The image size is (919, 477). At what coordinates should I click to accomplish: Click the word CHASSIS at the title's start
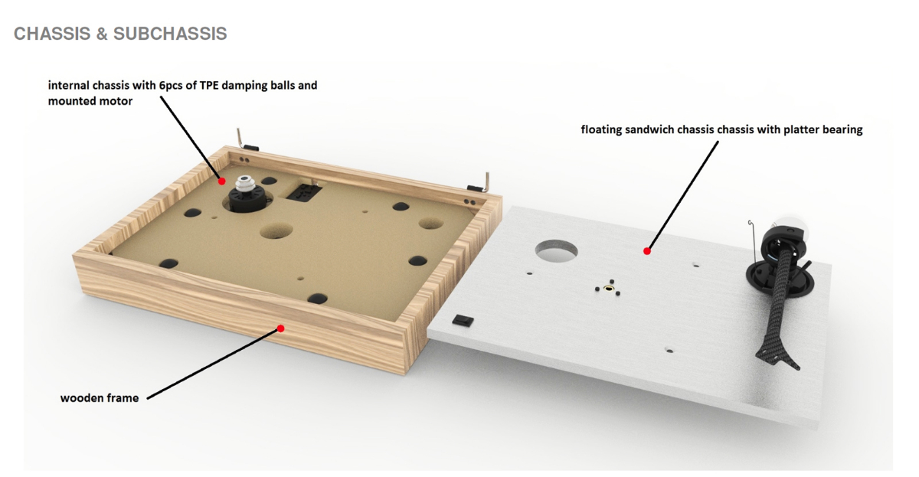tap(51, 34)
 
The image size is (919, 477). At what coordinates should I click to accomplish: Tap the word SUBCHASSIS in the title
tap(169, 34)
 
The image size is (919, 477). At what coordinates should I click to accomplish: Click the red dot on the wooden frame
tap(280, 328)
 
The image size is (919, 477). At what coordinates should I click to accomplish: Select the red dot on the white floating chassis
tap(647, 250)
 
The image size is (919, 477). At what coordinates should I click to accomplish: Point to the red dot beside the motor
tap(221, 181)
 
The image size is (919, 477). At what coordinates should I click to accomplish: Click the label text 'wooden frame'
tap(100, 398)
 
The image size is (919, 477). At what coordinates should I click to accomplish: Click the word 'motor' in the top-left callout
tap(116, 100)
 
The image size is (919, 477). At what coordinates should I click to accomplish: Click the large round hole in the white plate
tap(558, 250)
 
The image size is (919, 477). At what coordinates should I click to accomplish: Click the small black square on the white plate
tap(462, 319)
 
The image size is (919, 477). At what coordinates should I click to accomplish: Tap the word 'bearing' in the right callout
tap(842, 130)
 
